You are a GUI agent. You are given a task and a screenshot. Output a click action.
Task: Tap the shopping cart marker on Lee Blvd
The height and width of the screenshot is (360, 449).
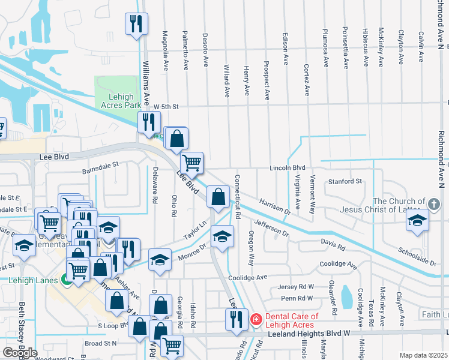pos(191,162)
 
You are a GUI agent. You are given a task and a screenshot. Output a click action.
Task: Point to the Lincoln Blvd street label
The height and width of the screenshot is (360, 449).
pos(288,167)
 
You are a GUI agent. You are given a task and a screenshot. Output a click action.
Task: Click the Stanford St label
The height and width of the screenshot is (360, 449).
pos(345,181)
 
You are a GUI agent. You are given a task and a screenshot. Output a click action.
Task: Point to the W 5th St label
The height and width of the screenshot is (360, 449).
pos(166,106)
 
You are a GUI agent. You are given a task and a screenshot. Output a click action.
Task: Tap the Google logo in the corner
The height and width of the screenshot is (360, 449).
pos(20,352)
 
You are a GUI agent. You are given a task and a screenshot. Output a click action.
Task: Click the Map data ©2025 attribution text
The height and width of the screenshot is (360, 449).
pos(424,356)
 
